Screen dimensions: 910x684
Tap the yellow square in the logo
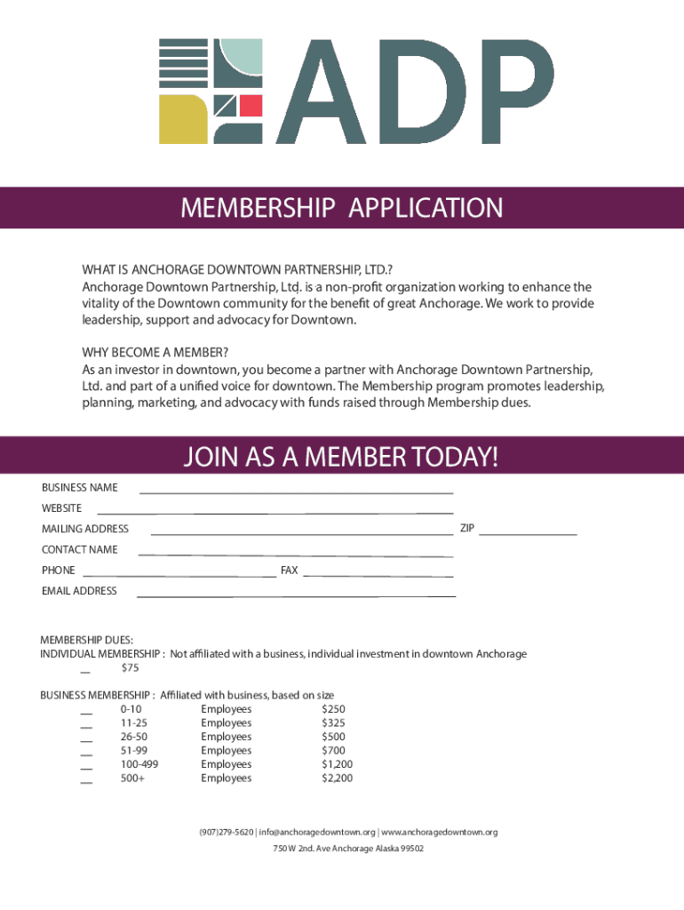click(x=182, y=118)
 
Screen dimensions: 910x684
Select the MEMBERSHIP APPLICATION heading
click(x=342, y=209)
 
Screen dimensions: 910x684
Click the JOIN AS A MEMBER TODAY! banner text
click(x=342, y=458)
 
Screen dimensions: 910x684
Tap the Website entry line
click(x=275, y=512)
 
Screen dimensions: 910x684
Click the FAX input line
click(x=379, y=575)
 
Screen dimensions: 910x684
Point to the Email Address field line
click(x=296, y=595)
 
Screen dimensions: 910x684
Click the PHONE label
click(x=59, y=571)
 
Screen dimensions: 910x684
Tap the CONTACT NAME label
click(x=80, y=549)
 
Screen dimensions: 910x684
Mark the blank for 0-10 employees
click(x=86, y=713)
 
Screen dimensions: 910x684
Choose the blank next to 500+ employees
click(x=86, y=782)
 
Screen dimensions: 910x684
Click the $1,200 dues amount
click(x=337, y=764)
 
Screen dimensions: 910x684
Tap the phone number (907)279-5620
click(x=226, y=833)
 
